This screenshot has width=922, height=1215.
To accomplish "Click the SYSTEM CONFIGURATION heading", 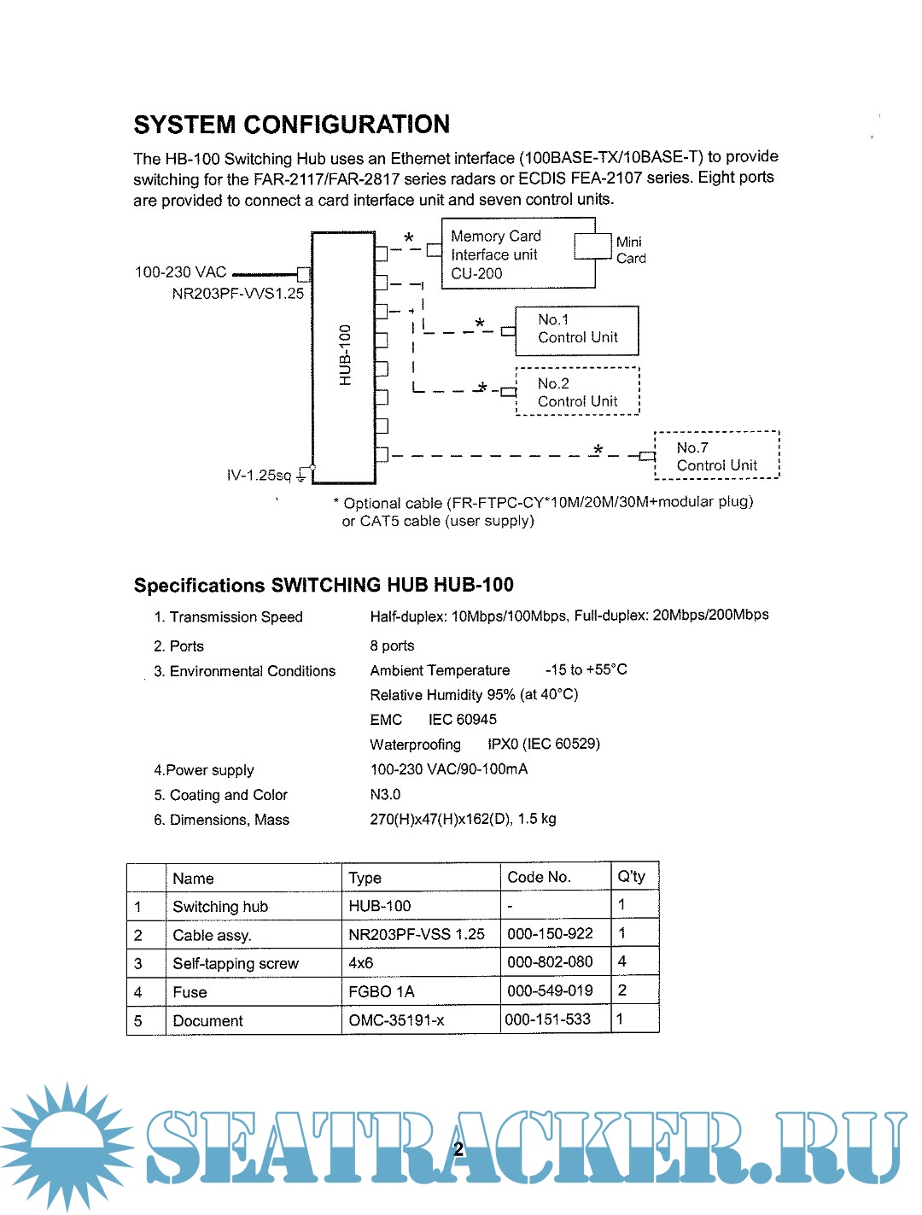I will click(x=291, y=125).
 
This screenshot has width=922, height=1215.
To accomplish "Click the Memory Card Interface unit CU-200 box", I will click(x=517, y=254).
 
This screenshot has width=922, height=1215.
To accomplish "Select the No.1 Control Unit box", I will click(x=577, y=330).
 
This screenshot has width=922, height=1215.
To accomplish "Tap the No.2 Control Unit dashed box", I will click(x=577, y=393).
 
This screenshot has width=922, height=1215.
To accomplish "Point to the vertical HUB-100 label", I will click(x=345, y=355).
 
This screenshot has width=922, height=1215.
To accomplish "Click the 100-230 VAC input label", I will click(x=180, y=272).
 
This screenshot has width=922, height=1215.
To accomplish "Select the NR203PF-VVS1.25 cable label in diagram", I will click(x=237, y=294).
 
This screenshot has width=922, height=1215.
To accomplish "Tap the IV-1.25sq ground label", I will click(x=259, y=476).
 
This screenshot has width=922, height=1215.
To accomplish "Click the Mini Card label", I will click(x=631, y=250).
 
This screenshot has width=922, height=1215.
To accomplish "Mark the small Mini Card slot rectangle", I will click(x=592, y=246).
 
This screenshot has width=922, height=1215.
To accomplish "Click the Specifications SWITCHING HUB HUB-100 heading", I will click(x=324, y=586).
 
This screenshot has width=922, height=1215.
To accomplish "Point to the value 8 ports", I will click(x=392, y=645).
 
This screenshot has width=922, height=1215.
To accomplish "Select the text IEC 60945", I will click(x=462, y=720).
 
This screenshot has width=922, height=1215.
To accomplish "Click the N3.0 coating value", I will click(x=385, y=795).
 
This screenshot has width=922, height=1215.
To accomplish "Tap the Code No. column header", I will click(x=538, y=877).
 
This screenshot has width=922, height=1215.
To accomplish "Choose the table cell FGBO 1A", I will click(x=381, y=991).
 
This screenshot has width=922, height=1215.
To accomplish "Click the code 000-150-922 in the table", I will click(x=550, y=934).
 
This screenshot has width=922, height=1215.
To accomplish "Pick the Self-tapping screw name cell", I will click(x=236, y=964).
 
